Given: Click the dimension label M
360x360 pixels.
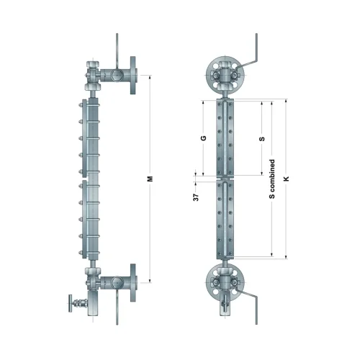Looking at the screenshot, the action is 150,179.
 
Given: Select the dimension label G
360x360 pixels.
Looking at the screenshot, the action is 204,138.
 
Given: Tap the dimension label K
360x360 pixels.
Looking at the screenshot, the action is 286,179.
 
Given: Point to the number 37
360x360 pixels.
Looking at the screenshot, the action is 196,197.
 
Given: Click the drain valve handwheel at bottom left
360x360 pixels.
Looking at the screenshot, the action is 71,303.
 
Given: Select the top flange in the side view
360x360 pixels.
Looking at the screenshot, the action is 133,75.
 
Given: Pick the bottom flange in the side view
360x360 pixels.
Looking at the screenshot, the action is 133,283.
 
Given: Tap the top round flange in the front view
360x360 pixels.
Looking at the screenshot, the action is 225,75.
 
